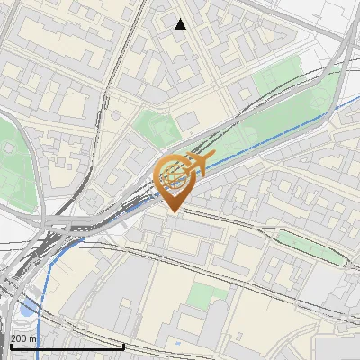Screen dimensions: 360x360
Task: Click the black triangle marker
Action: (x=181, y=24)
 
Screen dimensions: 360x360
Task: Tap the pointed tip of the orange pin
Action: (x=172, y=211)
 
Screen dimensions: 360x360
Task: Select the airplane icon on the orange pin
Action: (x=200, y=163)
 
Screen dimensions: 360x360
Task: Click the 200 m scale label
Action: (x=23, y=338)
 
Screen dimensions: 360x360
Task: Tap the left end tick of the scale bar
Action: (x=10, y=344)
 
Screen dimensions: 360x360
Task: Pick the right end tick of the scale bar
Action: (x=123, y=344)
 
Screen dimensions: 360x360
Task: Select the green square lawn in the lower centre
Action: (x=209, y=296)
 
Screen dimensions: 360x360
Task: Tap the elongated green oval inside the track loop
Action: (x=310, y=245)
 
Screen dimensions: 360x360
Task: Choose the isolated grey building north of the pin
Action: (x=187, y=121)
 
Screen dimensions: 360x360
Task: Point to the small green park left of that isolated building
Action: (x=151, y=125)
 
